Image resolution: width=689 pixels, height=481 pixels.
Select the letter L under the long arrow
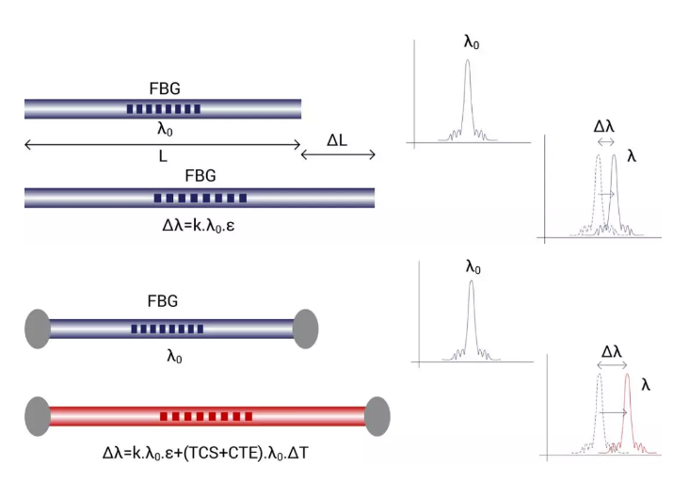pos(162,157)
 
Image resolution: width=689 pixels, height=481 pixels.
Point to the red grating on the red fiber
pos(206,415)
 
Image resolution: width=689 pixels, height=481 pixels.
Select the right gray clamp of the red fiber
pos(377,415)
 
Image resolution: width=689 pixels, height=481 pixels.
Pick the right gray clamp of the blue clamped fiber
pos(306,328)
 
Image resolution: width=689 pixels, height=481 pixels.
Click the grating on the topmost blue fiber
pos(163,109)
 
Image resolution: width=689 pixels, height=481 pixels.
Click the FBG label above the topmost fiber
pos(163,89)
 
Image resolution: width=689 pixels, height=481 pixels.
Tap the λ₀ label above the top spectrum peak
pos(473,43)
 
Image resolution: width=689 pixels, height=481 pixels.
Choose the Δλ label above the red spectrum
pos(613,351)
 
